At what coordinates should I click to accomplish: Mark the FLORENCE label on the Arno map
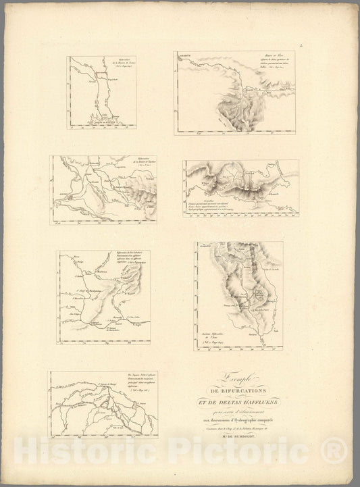tap(204, 248)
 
